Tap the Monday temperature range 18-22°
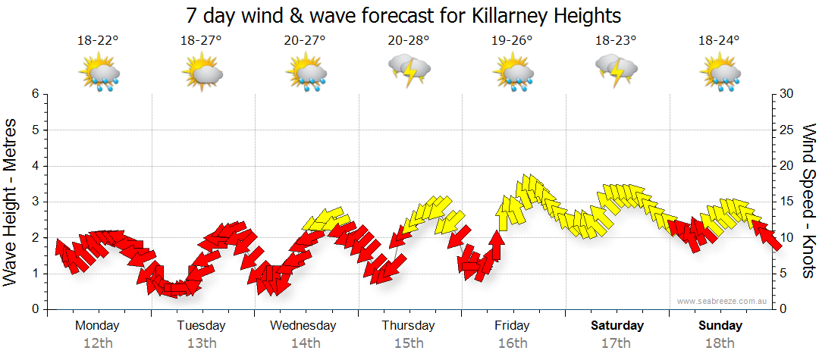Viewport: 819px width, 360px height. coord(97,41)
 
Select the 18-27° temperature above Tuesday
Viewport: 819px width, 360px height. coord(201,41)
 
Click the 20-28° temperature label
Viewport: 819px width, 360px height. coord(408,41)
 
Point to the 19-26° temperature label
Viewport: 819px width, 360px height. coord(512,41)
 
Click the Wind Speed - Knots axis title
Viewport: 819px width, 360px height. coord(808,202)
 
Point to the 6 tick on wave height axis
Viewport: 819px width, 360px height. coord(35,94)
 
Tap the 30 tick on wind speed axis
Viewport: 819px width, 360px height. coord(786,94)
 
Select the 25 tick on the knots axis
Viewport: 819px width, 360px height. coord(786,130)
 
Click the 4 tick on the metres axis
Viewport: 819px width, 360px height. coord(35,166)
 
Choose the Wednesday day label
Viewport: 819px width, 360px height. coord(303,326)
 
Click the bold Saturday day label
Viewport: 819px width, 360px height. coord(617,326)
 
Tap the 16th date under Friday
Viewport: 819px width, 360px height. coord(513,343)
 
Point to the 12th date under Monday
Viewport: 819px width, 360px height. coord(97,343)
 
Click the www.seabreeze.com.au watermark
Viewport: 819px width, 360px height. coord(723,301)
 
